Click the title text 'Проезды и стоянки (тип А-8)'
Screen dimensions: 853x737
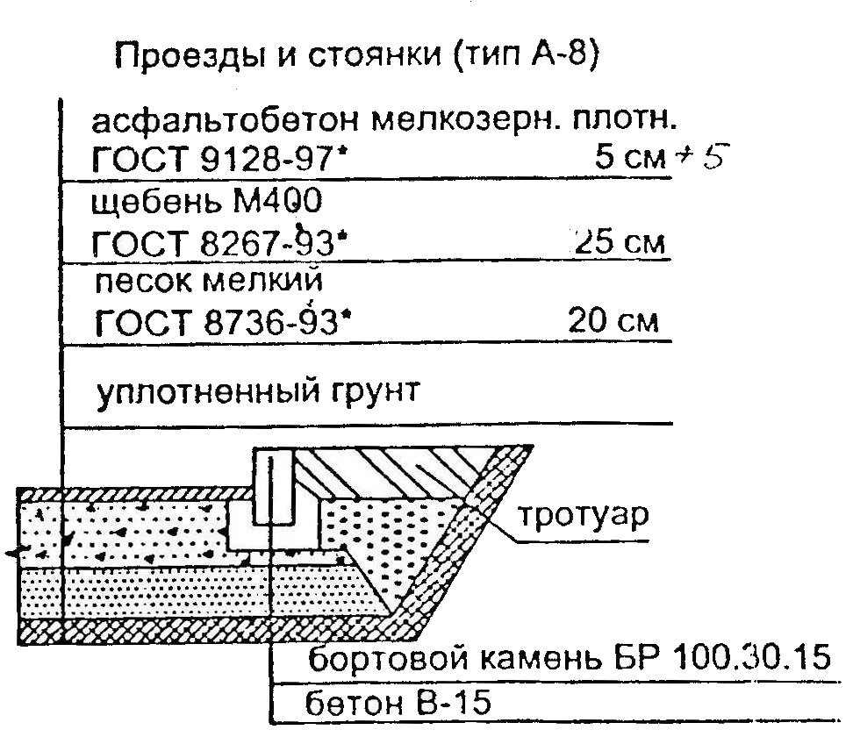pyautogui.click(x=357, y=55)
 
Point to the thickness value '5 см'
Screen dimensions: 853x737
pyautogui.click(x=630, y=157)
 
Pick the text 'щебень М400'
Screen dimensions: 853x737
pyautogui.click(x=206, y=201)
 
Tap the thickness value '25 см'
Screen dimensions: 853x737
pyautogui.click(x=620, y=241)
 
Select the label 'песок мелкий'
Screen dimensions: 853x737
pyautogui.click(x=209, y=282)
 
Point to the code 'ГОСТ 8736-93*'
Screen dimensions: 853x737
pyautogui.click(x=223, y=322)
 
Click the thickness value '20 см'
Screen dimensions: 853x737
pyautogui.click(x=613, y=320)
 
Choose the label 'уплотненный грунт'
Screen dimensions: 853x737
pyautogui.click(x=258, y=391)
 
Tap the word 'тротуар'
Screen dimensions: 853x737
pyautogui.click(x=583, y=514)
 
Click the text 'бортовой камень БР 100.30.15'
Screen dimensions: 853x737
pyautogui.click(x=569, y=657)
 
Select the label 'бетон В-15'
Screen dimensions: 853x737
pyautogui.click(x=398, y=703)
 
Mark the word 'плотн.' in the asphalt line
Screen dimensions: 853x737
pyautogui.click(x=625, y=120)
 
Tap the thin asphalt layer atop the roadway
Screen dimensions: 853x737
pyautogui.click(x=136, y=495)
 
